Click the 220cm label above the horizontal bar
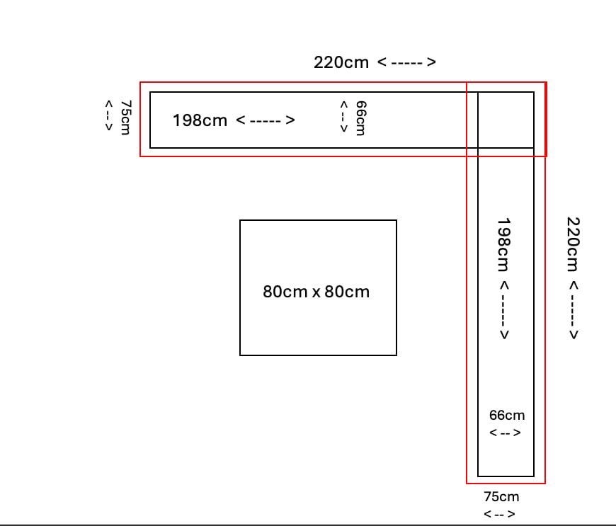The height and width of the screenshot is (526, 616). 341,62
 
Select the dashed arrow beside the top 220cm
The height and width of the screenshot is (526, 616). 406,62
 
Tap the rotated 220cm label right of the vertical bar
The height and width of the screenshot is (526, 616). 573,244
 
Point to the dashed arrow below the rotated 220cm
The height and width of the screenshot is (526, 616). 574,310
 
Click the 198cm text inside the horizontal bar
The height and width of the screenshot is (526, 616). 200,120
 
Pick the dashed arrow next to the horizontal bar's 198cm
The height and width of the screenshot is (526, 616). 266,120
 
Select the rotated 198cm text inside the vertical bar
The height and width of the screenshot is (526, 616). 503,245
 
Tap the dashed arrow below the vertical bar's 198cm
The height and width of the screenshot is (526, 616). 504,310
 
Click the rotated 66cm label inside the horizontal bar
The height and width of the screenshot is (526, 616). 360,118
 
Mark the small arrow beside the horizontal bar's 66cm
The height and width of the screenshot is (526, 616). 343,116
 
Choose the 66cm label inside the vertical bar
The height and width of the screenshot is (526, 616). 507,416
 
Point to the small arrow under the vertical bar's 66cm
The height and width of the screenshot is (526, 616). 505,433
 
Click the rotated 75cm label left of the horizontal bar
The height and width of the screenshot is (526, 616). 125,117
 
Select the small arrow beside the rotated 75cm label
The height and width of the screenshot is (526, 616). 109,115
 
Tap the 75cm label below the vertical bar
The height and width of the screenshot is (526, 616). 501,496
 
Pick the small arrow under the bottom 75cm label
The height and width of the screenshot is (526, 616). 499,514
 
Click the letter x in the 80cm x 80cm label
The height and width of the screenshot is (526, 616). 316,292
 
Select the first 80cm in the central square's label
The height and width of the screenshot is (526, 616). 285,292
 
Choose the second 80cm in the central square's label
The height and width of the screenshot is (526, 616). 347,292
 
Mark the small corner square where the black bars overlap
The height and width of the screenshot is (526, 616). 506,120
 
